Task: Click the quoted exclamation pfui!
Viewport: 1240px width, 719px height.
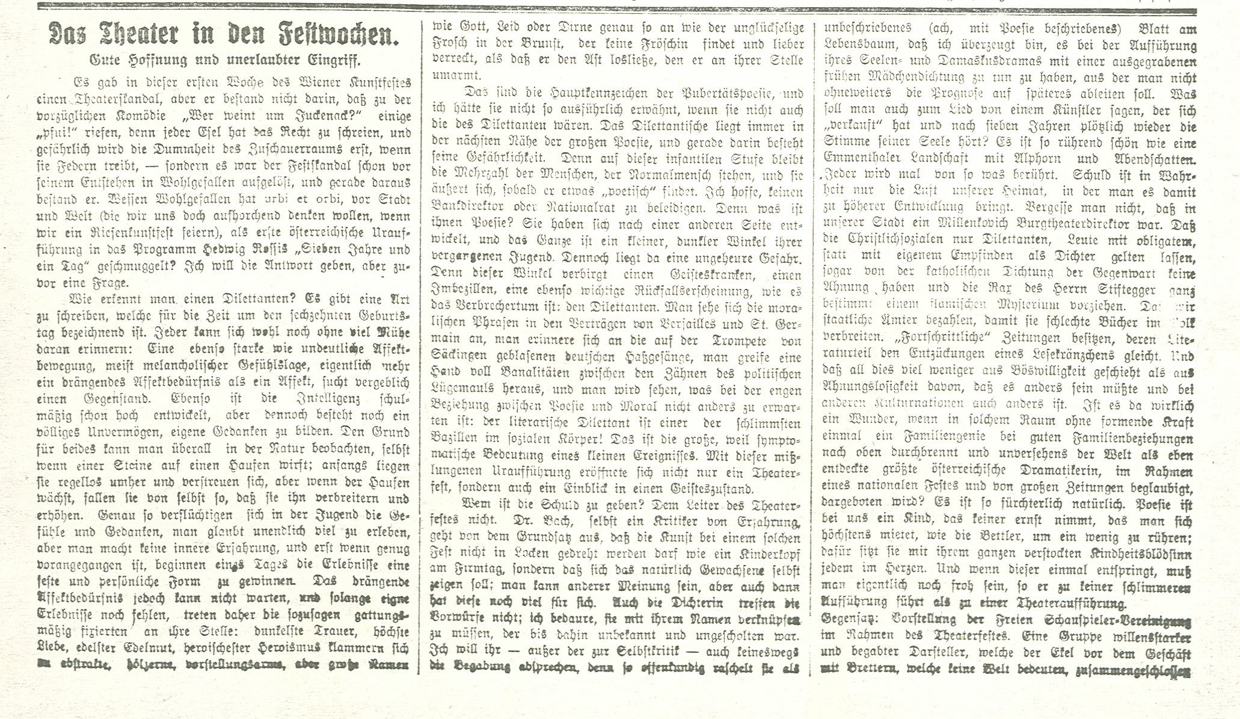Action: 57,133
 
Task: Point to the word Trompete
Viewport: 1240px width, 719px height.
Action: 733,341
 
